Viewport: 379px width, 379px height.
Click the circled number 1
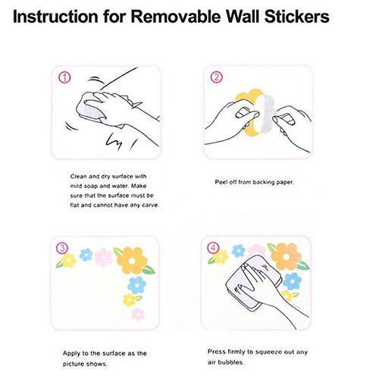pyautogui.click(x=64, y=77)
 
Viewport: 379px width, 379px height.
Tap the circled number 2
pyautogui.click(x=217, y=77)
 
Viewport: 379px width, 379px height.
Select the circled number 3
pyautogui.click(x=62, y=248)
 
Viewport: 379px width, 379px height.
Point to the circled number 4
pyautogui.click(x=213, y=248)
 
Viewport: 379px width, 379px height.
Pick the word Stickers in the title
pyautogui.click(x=297, y=17)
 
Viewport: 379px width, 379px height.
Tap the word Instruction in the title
pyautogui.click(x=55, y=17)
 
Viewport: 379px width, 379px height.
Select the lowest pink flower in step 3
pyautogui.click(x=138, y=314)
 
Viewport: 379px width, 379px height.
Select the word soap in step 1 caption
pyautogui.click(x=91, y=186)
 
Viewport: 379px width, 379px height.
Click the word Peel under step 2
pyautogui.click(x=221, y=182)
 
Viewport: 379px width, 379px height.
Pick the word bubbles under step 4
pyautogui.click(x=230, y=362)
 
